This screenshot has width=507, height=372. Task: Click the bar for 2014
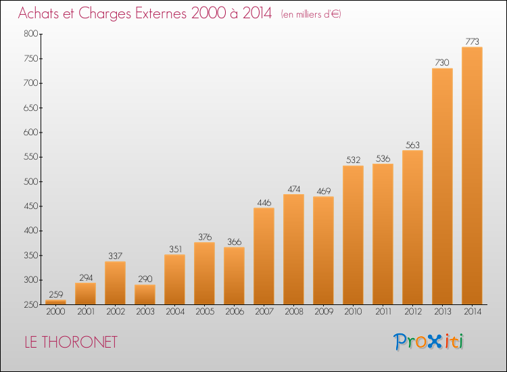pyautogui.click(x=472, y=176)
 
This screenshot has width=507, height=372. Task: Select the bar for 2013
pyautogui.click(x=442, y=186)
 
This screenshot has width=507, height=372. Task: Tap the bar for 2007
pyautogui.click(x=264, y=256)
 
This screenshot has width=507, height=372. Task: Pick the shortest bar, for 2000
pyautogui.click(x=55, y=302)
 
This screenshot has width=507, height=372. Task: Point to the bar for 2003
pyautogui.click(x=145, y=295)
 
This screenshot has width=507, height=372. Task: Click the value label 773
pyautogui.click(x=472, y=41)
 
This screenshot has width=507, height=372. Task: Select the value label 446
pyautogui.click(x=264, y=202)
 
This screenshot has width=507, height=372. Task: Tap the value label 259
pyautogui.click(x=56, y=294)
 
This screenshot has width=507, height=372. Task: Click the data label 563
pyautogui.click(x=412, y=145)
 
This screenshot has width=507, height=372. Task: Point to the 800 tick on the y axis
pyautogui.click(x=30, y=34)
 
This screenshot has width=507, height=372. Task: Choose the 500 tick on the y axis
pyautogui.click(x=30, y=181)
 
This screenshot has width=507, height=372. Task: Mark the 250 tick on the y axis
pyautogui.click(x=30, y=304)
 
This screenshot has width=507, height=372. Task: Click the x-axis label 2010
pyautogui.click(x=353, y=311)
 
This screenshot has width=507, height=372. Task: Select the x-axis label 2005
pyautogui.click(x=205, y=311)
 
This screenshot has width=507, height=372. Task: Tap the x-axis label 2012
pyautogui.click(x=413, y=311)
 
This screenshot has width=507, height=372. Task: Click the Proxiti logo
pyautogui.click(x=429, y=342)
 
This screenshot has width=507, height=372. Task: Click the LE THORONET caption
pyautogui.click(x=71, y=342)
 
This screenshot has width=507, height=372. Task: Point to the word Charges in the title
pyautogui.click(x=105, y=14)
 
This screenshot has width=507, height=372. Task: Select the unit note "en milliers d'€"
pyautogui.click(x=311, y=15)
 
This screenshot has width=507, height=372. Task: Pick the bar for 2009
pyautogui.click(x=323, y=250)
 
